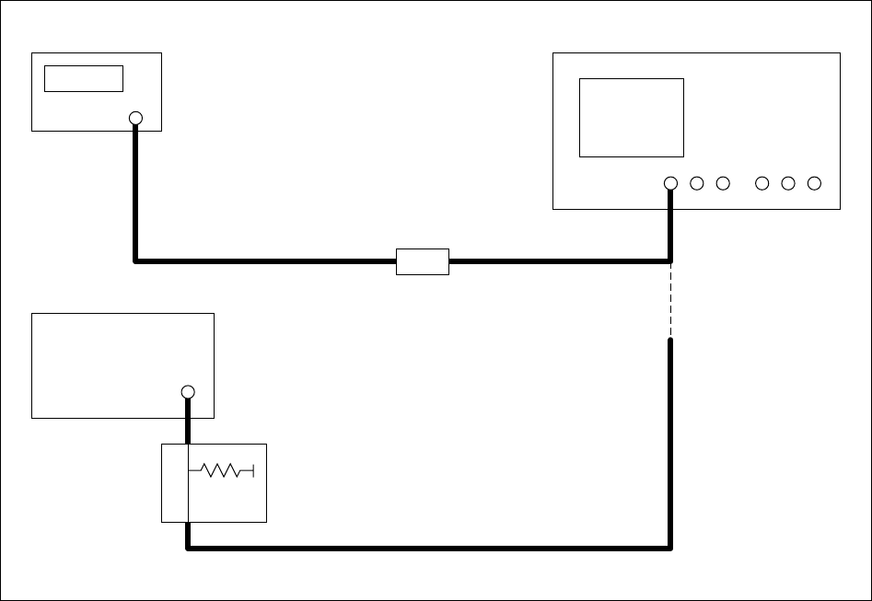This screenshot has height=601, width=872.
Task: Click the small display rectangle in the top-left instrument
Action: tap(84, 78)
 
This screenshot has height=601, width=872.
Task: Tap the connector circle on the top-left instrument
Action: tap(135, 118)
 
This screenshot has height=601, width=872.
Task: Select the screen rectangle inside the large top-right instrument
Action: tap(631, 118)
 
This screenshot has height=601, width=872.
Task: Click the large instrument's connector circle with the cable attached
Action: tap(670, 183)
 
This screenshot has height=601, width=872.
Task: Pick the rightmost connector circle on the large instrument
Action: tap(814, 183)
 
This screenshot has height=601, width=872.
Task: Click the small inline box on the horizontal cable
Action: tap(422, 261)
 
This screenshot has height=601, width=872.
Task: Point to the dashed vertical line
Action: tap(670, 300)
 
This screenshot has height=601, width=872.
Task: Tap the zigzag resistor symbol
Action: tap(220, 471)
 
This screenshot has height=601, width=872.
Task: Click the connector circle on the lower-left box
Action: tap(188, 392)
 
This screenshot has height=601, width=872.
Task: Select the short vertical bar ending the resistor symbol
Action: tap(252, 471)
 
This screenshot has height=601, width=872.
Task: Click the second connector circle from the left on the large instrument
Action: tap(696, 183)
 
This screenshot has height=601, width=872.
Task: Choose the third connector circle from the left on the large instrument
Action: tap(723, 183)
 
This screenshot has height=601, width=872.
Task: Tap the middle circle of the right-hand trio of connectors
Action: tap(787, 183)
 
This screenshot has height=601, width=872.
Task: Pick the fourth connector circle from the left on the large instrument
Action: tap(762, 183)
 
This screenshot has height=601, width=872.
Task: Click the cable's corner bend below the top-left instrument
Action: tap(136, 260)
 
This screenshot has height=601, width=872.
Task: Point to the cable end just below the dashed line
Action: tap(670, 343)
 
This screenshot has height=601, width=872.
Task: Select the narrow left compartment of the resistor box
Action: tap(175, 482)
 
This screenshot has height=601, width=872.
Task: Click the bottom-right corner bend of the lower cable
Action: tap(669, 548)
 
